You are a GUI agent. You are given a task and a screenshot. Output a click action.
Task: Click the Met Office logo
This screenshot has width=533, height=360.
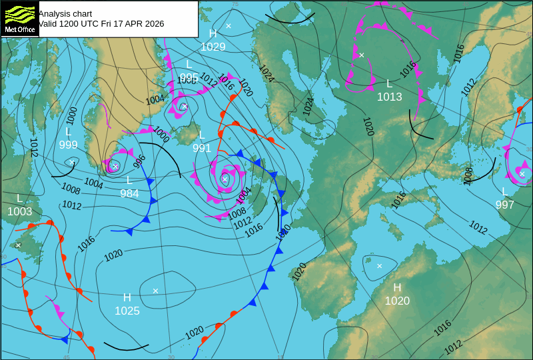tap(19, 19)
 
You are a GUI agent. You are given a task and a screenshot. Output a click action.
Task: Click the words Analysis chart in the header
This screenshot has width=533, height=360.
tap(65, 13)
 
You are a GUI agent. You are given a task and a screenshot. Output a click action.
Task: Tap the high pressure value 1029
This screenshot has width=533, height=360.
tap(213, 47)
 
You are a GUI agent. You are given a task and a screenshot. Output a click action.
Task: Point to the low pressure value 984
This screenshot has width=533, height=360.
tap(129, 193)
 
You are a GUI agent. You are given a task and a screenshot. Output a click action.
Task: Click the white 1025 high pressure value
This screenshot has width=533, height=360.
tap(127, 311)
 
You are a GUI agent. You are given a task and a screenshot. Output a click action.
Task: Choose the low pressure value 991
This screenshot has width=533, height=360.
tap(202, 148)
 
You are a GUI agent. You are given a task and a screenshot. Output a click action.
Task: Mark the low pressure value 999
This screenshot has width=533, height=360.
tap(68, 145)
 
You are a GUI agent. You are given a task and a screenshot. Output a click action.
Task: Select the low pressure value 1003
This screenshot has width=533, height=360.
tap(19, 211)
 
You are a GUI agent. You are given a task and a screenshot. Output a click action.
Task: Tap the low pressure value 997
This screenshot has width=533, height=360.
tap(505, 205)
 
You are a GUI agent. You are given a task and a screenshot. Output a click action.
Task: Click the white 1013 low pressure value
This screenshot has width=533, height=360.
tap(390, 97)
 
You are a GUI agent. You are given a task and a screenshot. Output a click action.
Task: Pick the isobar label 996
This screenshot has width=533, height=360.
tap(139, 161)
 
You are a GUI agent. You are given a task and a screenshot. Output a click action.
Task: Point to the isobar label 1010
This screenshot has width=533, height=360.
tap(283, 231)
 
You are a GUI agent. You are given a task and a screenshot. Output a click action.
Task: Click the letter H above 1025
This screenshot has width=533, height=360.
tap(127, 297)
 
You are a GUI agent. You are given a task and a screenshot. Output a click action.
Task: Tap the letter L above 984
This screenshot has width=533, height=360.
tap(129, 180)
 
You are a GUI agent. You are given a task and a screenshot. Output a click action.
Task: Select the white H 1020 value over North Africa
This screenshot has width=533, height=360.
tap(397, 301)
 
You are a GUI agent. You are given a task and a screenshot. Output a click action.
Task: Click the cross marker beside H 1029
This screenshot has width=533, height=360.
tap(229, 26)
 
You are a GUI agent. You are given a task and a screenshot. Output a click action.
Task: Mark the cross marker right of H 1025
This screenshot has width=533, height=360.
tap(155, 291)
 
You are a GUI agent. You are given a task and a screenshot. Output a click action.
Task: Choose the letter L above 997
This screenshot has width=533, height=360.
tap(505, 191)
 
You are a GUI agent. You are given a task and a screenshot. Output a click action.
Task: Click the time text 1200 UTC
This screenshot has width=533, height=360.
tap(81, 24)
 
